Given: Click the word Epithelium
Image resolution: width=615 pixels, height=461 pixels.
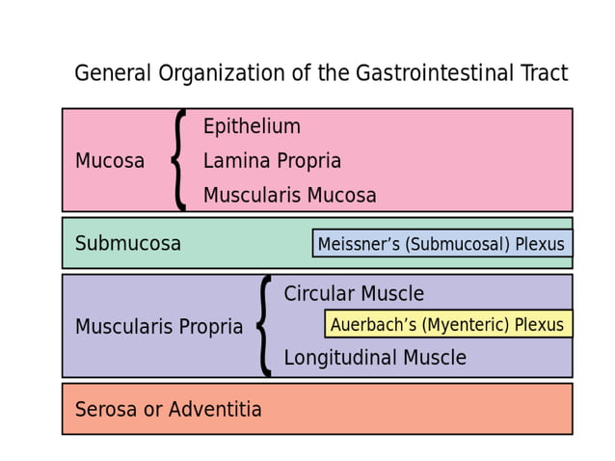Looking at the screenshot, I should click(252, 126).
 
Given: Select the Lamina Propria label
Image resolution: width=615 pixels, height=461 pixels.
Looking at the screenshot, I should click(272, 161).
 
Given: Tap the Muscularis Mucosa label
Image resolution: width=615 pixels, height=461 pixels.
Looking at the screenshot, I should click(289, 196).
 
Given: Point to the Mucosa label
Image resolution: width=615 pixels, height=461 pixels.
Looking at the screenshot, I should click(110, 161).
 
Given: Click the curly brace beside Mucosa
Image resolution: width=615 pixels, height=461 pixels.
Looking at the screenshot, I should click(179, 160).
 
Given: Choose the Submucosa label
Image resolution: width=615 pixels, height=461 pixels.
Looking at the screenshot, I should click(127, 244).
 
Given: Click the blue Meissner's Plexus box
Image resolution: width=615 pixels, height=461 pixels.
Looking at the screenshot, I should click(441, 244).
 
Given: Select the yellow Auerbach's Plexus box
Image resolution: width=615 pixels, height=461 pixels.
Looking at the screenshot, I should click(447, 324).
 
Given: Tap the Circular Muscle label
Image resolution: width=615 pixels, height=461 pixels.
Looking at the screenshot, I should click(354, 294).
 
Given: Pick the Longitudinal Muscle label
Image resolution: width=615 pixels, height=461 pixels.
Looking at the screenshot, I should click(374, 358).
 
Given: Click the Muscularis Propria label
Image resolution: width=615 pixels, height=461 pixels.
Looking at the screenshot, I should click(159, 327).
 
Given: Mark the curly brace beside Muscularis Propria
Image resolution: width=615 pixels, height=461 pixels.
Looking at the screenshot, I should click(263, 326).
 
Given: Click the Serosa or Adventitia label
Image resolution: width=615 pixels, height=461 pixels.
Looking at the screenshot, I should click(168, 410).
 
